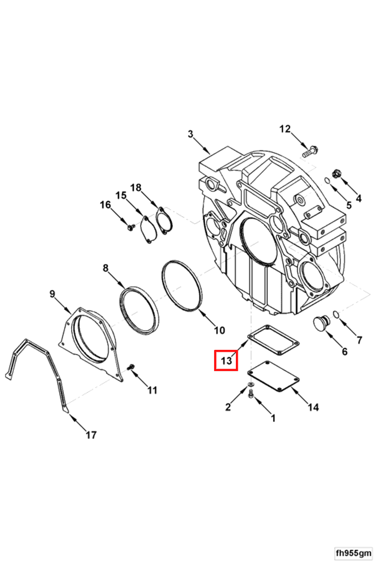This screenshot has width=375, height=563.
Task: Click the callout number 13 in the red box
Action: coord(226,360)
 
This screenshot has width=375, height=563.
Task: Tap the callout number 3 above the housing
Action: coord(190,134)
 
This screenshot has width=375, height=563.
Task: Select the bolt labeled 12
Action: coord(310,151)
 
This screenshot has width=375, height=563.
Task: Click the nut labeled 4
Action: coord(337,173)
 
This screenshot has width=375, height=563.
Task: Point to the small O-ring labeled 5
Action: coord(328,180)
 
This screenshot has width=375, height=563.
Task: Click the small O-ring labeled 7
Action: coord(336,314)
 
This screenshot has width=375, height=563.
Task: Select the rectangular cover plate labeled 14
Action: coord(273,376)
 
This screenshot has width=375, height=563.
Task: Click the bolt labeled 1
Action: coord(251,394)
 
